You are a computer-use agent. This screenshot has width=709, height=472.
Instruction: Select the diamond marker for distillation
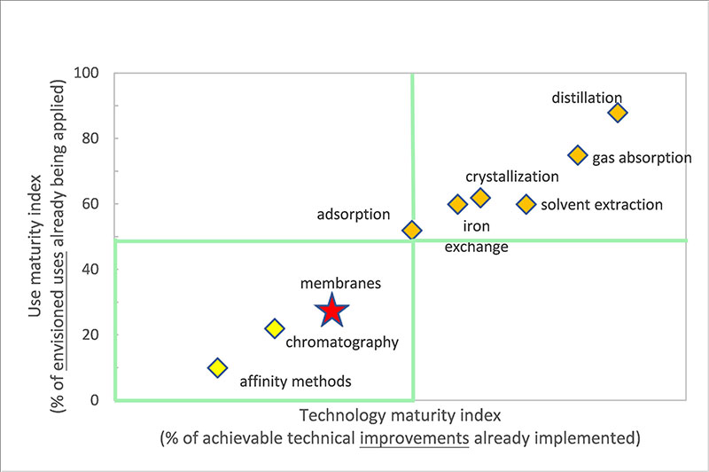pyautogui.click(x=618, y=113)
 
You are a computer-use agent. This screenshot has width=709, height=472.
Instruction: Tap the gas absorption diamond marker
pyautogui.click(x=578, y=155)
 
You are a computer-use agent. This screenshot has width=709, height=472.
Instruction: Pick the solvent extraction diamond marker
pyautogui.click(x=526, y=204)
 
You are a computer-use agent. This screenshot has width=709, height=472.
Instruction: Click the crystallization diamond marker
pyautogui.click(x=480, y=198)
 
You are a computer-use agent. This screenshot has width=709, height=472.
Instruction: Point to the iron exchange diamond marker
pyautogui.click(x=457, y=205)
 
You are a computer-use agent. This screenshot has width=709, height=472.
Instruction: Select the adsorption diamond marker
pyautogui.click(x=412, y=231)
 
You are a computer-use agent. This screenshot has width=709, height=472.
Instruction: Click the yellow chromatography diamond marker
pyautogui.click(x=275, y=328)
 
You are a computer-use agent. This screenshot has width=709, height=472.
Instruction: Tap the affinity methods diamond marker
pyautogui.click(x=217, y=367)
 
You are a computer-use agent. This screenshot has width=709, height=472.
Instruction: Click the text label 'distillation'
pyautogui.click(x=587, y=97)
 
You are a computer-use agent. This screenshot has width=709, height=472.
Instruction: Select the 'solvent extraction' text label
pyautogui.click(x=602, y=205)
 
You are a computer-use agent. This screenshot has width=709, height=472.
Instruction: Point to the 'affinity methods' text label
pyautogui.click(x=296, y=382)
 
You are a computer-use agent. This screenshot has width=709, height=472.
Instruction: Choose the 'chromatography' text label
pyautogui.click(x=342, y=342)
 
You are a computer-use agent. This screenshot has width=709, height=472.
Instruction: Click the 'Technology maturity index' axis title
pyautogui.click(x=401, y=415)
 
